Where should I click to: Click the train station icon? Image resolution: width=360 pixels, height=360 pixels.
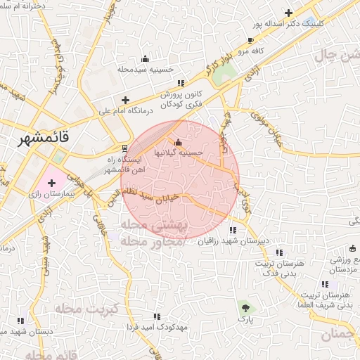[124, 148]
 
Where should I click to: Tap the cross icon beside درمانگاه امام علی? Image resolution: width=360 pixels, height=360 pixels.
[125, 101]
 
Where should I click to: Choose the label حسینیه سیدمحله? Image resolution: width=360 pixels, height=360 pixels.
[145, 69]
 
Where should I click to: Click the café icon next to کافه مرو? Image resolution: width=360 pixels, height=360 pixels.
[252, 41]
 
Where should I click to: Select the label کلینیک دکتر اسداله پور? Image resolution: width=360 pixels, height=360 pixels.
[290, 23]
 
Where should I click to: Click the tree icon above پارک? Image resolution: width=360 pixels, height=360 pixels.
[245, 307]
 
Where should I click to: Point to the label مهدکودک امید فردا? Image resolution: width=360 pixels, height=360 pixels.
[157, 328]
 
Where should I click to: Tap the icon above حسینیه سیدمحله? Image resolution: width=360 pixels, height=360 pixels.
[145, 58]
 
